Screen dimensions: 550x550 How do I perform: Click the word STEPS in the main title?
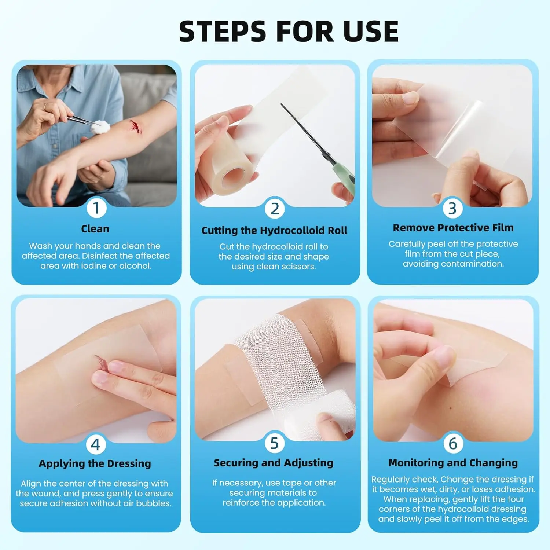pos(223,31)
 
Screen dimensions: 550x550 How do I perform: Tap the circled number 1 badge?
pos(96,208)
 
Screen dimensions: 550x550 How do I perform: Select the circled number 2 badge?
pos(275,209)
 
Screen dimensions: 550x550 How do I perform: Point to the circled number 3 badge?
pos(452,208)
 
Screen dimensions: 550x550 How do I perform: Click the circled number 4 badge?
pos(96,444)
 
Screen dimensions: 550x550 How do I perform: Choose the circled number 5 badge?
pos(274,443)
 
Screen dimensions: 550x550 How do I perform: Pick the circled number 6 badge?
pos(453,443)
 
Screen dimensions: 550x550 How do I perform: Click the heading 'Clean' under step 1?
pos(95,229)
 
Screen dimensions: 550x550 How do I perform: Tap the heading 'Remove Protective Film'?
pos(453,228)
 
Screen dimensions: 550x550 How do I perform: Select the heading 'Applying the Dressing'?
pos(95,464)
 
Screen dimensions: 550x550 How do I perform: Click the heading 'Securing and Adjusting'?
pos(274,463)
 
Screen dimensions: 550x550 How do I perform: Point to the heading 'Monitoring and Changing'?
pos(453,463)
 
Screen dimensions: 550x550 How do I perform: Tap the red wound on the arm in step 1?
pos(135,126)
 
